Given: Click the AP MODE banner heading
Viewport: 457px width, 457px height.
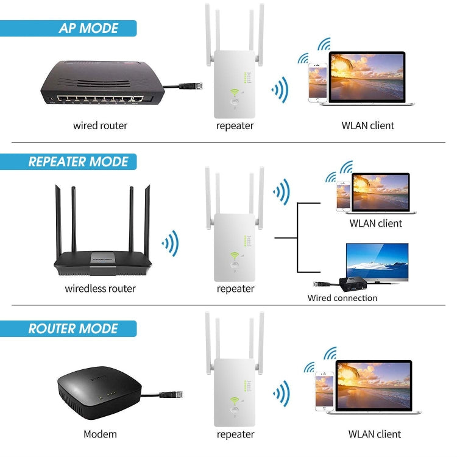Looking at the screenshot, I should [x=88, y=28].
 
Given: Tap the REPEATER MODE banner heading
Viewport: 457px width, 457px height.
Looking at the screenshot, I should [x=78, y=162].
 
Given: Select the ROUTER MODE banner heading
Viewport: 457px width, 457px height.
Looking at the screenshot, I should [x=73, y=329].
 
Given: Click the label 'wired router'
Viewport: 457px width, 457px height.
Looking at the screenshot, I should [x=101, y=126].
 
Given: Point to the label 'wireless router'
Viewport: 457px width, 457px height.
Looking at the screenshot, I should [x=101, y=288].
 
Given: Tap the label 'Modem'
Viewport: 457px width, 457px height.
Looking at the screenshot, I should [x=100, y=434].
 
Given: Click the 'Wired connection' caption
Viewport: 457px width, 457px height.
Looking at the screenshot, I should [x=342, y=298].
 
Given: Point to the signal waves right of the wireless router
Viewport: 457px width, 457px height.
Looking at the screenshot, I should [x=170, y=244].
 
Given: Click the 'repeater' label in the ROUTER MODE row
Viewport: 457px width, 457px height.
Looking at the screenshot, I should [x=235, y=434].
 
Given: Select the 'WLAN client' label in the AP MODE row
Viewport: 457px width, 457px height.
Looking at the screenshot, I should [x=367, y=126].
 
